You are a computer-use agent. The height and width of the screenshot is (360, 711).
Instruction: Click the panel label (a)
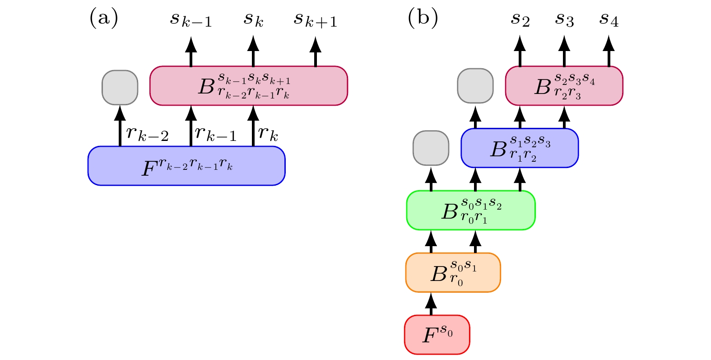pyautogui.click(x=104, y=19)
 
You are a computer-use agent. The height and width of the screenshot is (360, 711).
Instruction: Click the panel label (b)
pyautogui.click(x=423, y=19)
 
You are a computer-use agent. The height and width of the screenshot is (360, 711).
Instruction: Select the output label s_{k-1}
pyautogui.click(x=191, y=20)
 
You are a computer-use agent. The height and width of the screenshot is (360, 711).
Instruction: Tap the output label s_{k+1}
pyautogui.click(x=316, y=20)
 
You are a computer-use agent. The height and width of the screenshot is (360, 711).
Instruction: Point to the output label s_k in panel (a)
pyautogui.click(x=253, y=20)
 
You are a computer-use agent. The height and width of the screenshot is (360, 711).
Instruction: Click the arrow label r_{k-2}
pyautogui.click(x=148, y=133)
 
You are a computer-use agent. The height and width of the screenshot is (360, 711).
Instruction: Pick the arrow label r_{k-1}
pyautogui.click(x=216, y=133)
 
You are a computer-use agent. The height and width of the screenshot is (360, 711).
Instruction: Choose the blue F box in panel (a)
pyautogui.click(x=186, y=166)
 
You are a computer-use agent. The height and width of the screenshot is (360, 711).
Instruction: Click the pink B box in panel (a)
pyautogui.click(x=248, y=86)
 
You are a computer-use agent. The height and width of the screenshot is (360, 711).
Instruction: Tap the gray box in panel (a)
pyautogui.click(x=120, y=88)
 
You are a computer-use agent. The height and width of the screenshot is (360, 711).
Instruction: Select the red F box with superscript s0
pyautogui.click(x=437, y=335)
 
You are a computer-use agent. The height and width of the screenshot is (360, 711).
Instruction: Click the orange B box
pyautogui.click(x=453, y=272)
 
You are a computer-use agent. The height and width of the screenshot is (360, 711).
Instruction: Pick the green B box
pyautogui.click(x=471, y=210)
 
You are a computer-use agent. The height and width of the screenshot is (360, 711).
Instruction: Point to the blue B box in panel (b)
pyautogui.click(x=520, y=148)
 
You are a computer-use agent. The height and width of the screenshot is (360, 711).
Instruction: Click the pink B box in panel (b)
pyautogui.click(x=564, y=86)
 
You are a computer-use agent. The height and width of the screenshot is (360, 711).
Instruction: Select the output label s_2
pyautogui.click(x=520, y=20)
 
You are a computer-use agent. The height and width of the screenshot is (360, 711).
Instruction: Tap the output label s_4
pyautogui.click(x=609, y=20)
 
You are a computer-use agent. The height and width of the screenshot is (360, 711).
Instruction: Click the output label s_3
pyautogui.click(x=564, y=20)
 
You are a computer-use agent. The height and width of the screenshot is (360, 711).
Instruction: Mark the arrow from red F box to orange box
pyautogui.click(x=431, y=304)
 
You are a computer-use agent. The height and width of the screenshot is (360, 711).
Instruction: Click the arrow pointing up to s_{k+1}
pyautogui.click(x=315, y=52)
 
